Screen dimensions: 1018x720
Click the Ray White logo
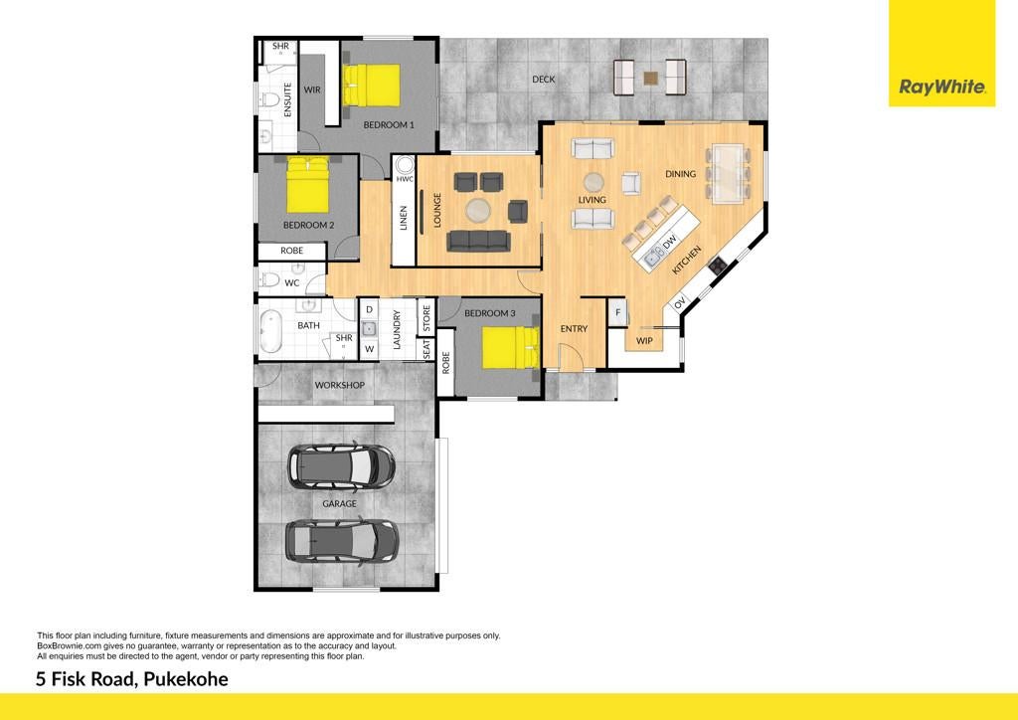coord(941,54)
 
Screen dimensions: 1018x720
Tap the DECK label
coord(544,80)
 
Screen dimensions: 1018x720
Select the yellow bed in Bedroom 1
coord(371,86)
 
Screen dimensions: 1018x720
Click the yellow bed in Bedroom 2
coord(308,184)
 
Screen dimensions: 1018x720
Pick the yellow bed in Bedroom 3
coord(510,347)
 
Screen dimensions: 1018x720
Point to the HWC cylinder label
coord(405,179)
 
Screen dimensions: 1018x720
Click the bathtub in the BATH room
coord(270,331)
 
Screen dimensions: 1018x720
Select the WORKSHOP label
coord(340,385)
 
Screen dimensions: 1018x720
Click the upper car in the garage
coord(342,465)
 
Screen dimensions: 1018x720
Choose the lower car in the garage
coord(342,540)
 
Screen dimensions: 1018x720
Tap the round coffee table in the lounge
coord(479,211)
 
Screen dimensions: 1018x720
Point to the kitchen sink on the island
coord(653,256)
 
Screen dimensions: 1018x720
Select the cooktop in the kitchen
coord(718,265)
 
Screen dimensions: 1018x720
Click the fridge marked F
coord(617,313)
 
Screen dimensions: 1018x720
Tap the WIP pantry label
coord(644,341)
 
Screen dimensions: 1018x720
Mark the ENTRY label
coord(574,329)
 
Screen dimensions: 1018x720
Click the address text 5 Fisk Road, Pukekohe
coord(132,680)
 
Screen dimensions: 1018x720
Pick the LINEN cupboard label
coord(404,218)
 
